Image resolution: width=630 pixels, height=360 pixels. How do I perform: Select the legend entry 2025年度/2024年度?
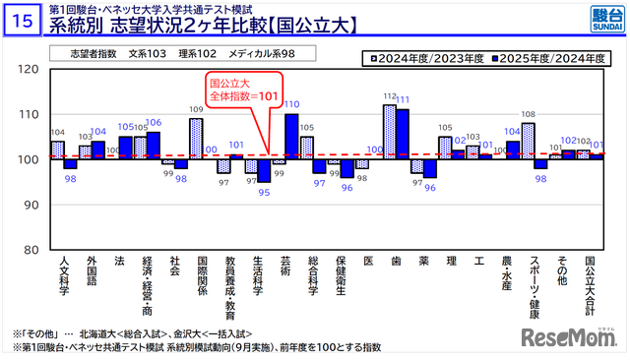(553, 59)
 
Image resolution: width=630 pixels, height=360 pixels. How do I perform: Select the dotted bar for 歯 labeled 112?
(389, 132)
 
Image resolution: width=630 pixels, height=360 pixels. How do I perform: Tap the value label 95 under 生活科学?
(264, 193)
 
